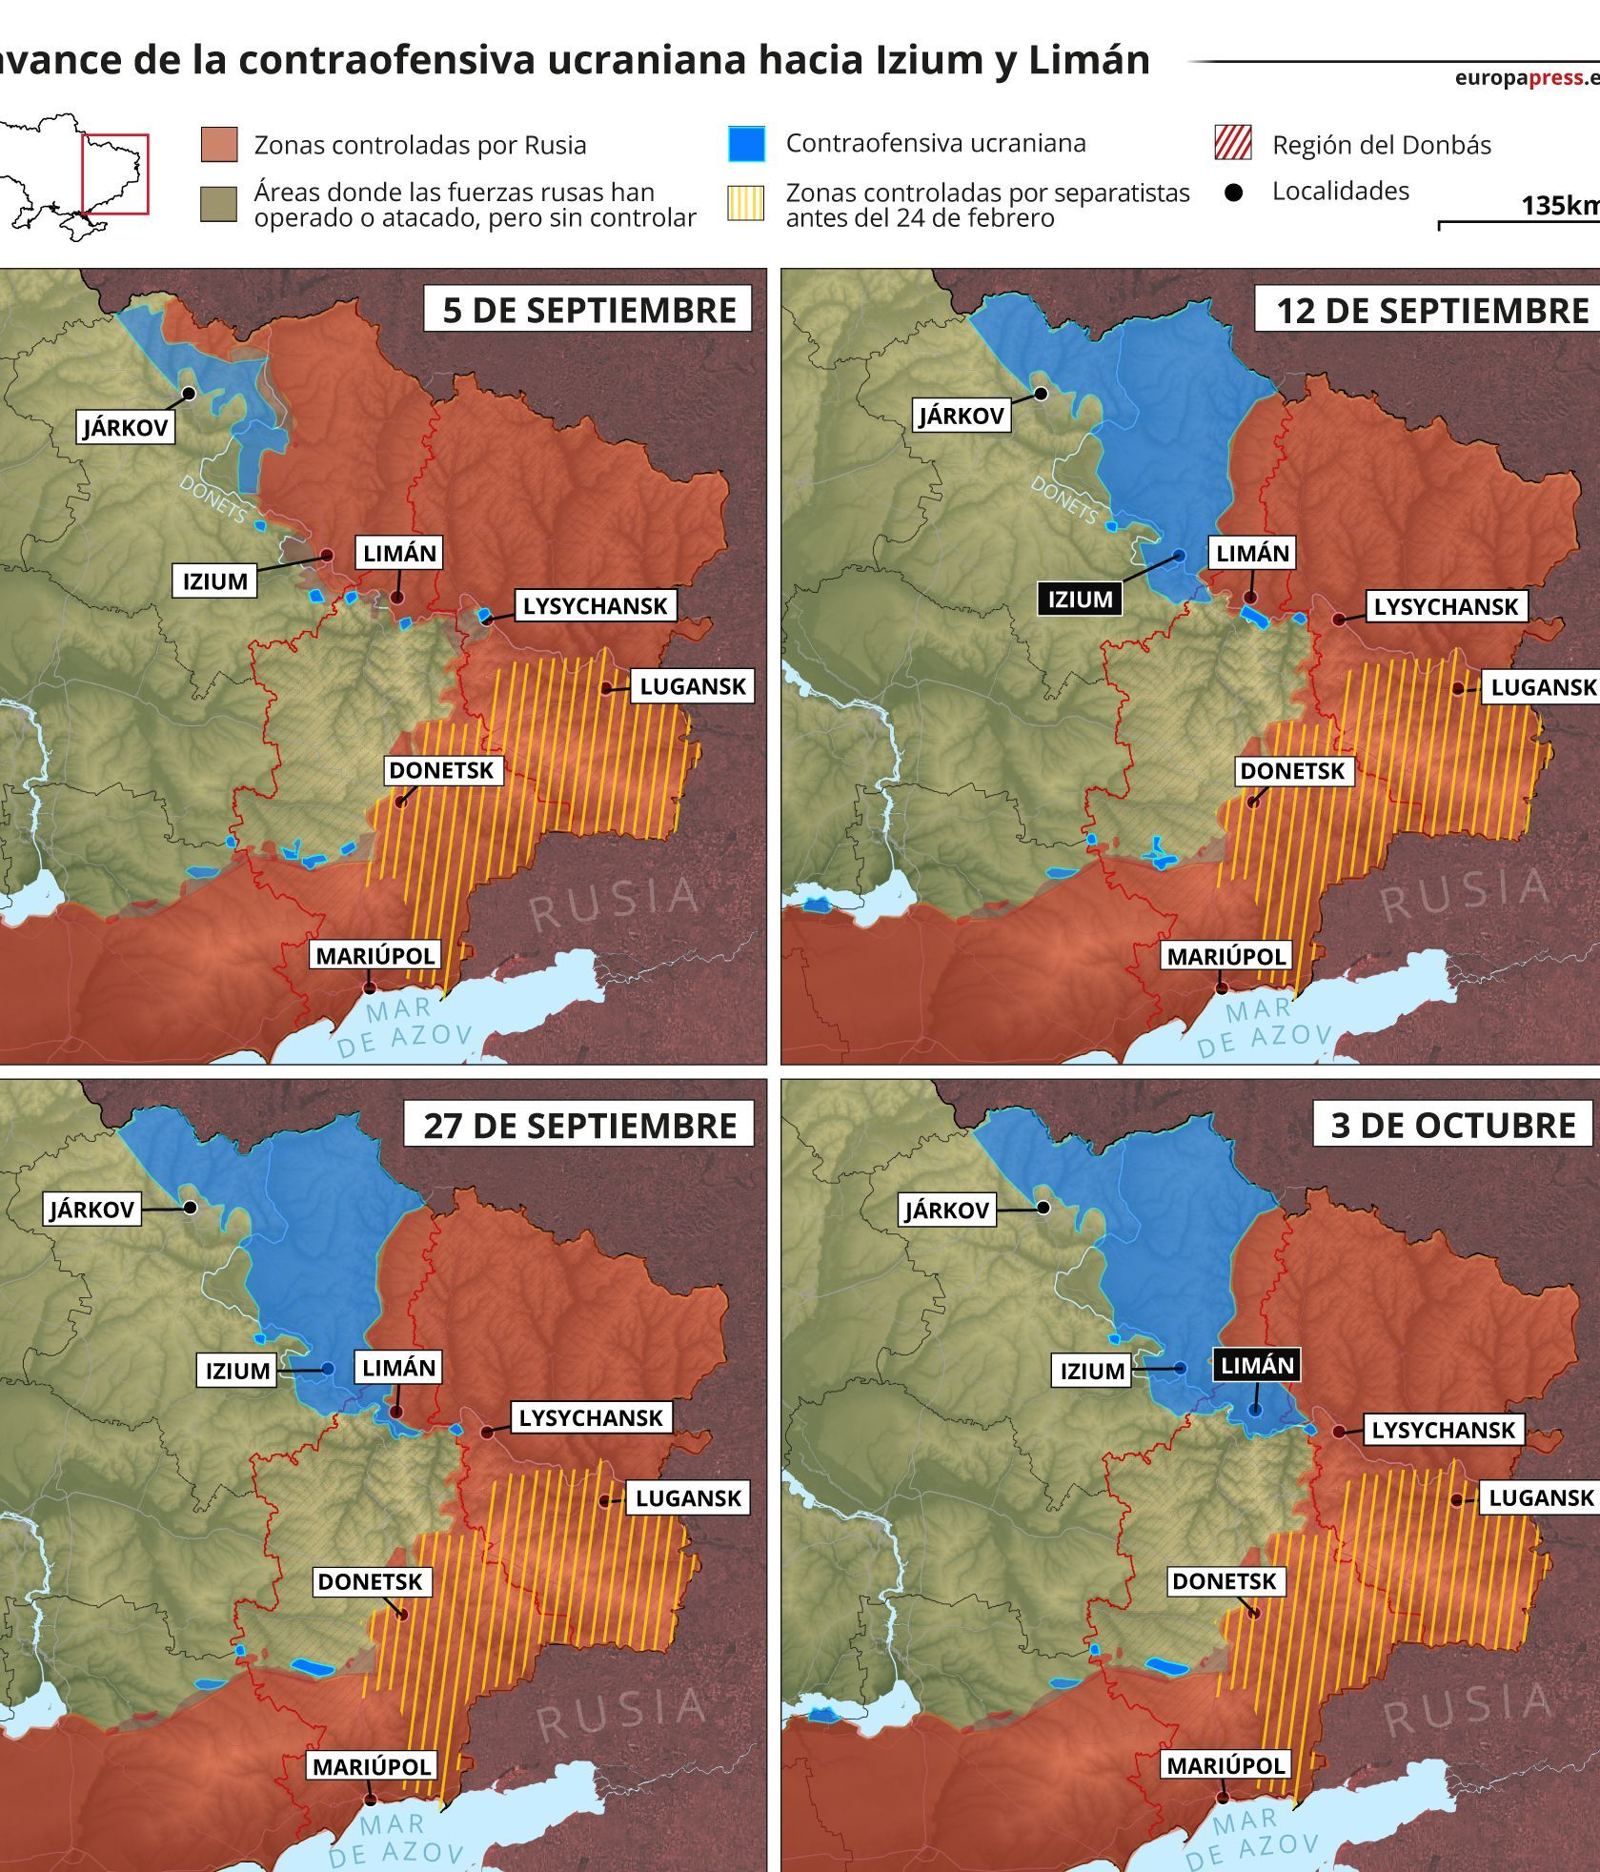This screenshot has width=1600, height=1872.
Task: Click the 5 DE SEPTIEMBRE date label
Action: (x=588, y=310)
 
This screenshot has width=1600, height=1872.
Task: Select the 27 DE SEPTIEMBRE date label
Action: (x=579, y=1125)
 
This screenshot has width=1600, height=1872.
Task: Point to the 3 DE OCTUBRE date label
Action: (x=1452, y=1125)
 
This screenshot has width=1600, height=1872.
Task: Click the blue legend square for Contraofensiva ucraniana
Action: (x=745, y=144)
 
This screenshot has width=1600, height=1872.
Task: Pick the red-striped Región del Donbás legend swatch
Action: (x=1233, y=144)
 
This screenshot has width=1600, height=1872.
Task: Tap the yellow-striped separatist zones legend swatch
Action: (x=745, y=203)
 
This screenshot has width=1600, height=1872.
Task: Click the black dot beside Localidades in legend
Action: (x=1233, y=193)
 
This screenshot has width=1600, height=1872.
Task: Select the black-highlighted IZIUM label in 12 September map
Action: (x=1080, y=600)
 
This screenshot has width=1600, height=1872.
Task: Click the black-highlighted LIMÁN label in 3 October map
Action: (x=1257, y=1366)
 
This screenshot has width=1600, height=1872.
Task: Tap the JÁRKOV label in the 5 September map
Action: (x=125, y=426)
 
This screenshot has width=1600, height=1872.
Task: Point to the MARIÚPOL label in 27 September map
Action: (x=372, y=1765)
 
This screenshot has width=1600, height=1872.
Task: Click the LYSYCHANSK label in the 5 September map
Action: (x=595, y=605)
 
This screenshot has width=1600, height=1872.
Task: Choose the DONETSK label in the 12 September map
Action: (x=1291, y=770)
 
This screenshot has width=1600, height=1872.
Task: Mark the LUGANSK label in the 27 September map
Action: (x=688, y=1497)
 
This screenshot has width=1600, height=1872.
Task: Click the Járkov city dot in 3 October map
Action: (x=1043, y=1208)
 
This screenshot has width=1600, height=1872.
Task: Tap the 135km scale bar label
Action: (x=1559, y=205)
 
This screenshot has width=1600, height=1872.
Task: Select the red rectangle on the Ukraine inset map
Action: (x=114, y=174)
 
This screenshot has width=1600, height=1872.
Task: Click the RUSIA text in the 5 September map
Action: (x=615, y=903)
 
